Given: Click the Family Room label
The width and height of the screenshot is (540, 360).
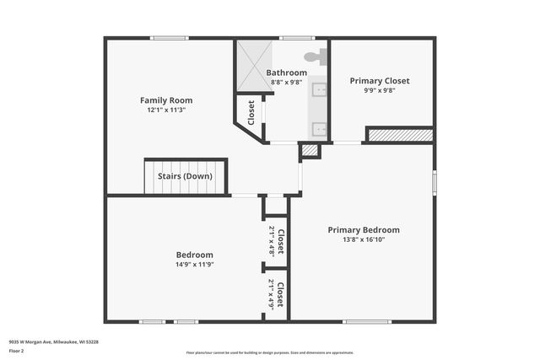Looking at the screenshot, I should pyautogui.click(x=160, y=100).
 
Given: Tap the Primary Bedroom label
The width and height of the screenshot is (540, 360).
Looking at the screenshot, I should pyautogui.click(x=364, y=229).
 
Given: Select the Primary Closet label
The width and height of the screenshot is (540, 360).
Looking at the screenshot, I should pyautogui.click(x=380, y=81).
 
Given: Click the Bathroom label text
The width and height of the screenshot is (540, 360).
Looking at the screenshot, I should pyautogui.click(x=287, y=73).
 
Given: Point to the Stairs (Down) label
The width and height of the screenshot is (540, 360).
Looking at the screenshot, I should pyautogui.click(x=186, y=176).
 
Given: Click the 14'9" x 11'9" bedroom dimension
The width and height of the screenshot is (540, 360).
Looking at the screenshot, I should pyautogui.click(x=194, y=265).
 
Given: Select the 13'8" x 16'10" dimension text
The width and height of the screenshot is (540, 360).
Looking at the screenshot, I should pyautogui.click(x=364, y=239).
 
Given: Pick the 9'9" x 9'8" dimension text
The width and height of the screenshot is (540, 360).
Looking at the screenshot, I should pyautogui.click(x=380, y=91).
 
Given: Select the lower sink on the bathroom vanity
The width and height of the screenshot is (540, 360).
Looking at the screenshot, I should pyautogui.click(x=319, y=129).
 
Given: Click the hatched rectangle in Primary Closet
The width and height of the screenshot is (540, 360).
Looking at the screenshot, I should pyautogui.click(x=401, y=134).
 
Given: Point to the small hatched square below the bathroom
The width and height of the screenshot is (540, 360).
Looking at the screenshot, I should pyautogui.click(x=310, y=150).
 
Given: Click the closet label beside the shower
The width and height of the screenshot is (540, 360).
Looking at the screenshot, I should pyautogui.click(x=251, y=112).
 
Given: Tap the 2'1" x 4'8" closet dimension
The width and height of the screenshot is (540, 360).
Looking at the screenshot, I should pyautogui.click(x=271, y=241).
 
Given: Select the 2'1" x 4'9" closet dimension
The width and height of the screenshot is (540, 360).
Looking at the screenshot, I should pyautogui.click(x=271, y=293).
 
